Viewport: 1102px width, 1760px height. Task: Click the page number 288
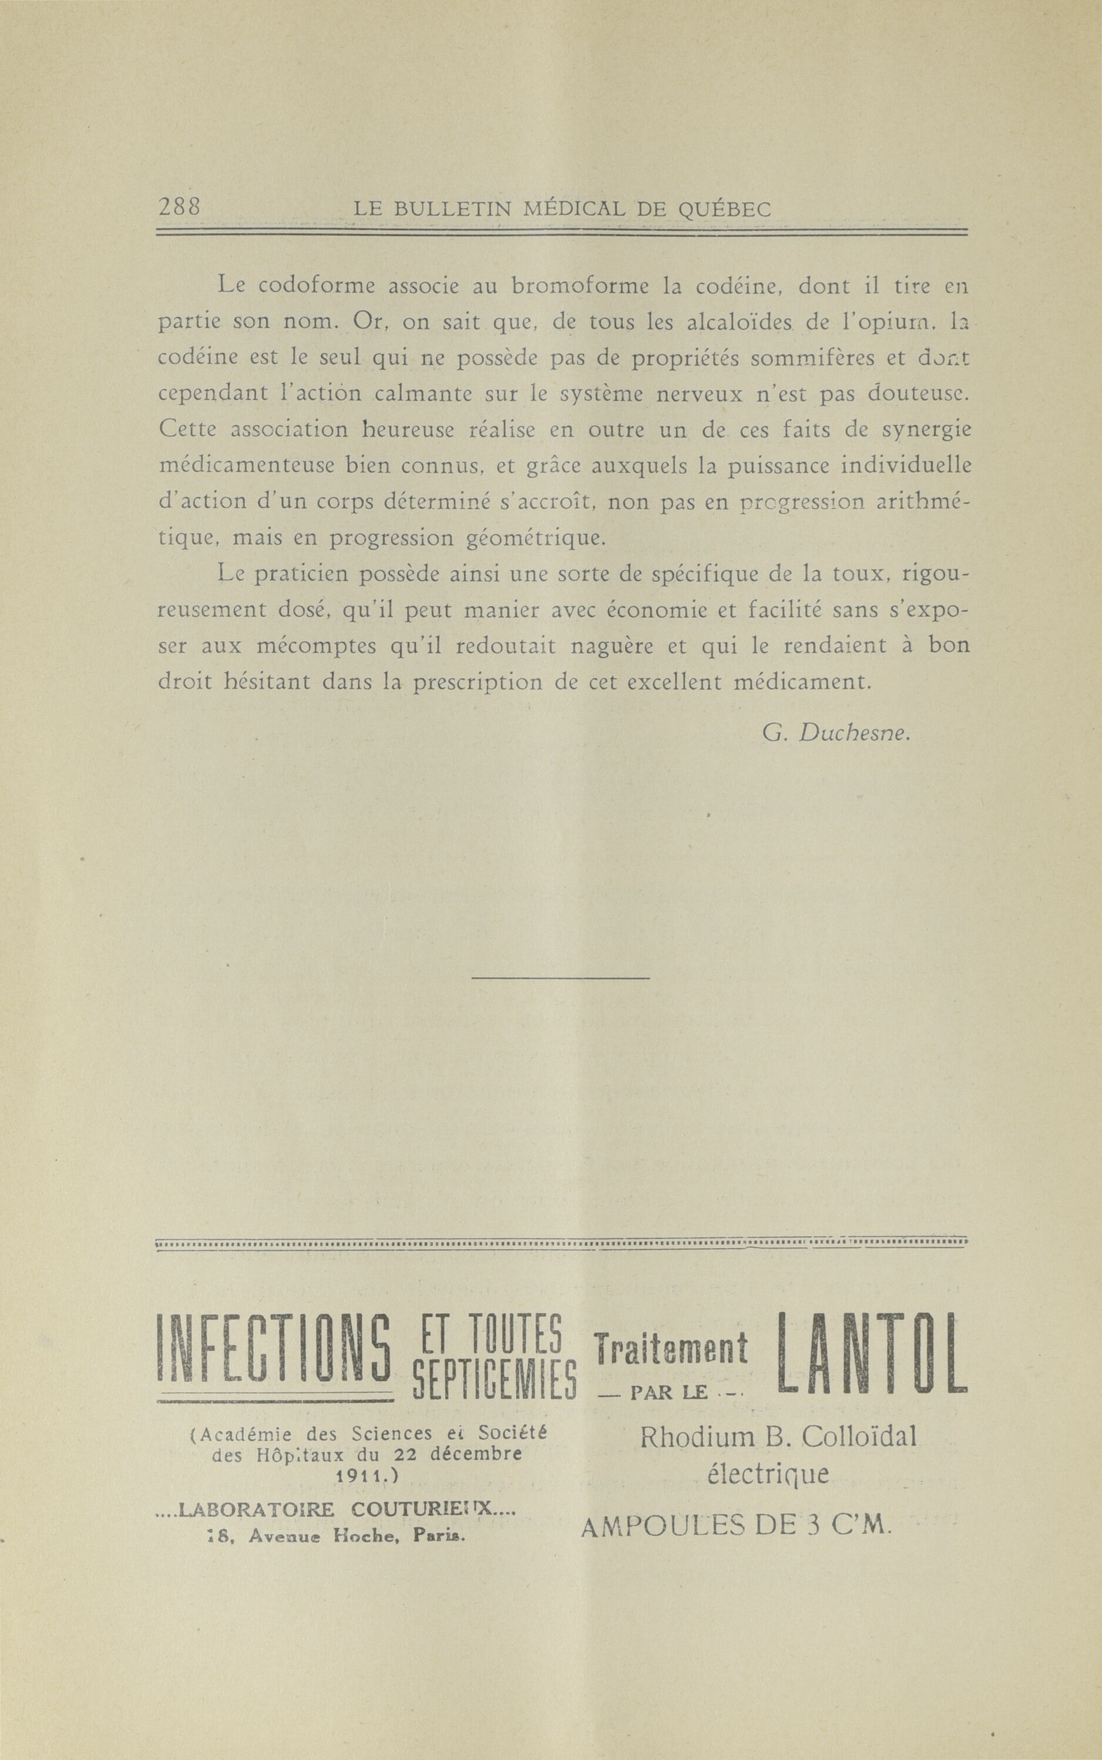click(x=179, y=208)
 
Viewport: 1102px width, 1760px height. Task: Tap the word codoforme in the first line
click(x=316, y=287)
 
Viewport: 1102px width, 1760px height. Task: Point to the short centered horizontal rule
click(x=560, y=978)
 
